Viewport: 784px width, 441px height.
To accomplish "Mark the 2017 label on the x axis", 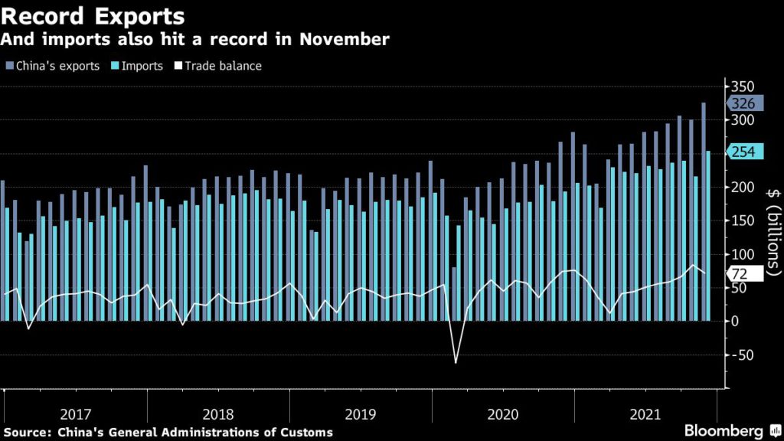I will pos(75,414).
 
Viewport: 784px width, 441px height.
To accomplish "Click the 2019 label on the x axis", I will pos(361,414).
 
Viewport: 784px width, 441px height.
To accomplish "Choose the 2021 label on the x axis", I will pos(645,414).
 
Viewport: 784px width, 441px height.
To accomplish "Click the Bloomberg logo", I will pos(724,431).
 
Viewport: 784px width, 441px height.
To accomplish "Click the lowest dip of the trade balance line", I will pos(456,361).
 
